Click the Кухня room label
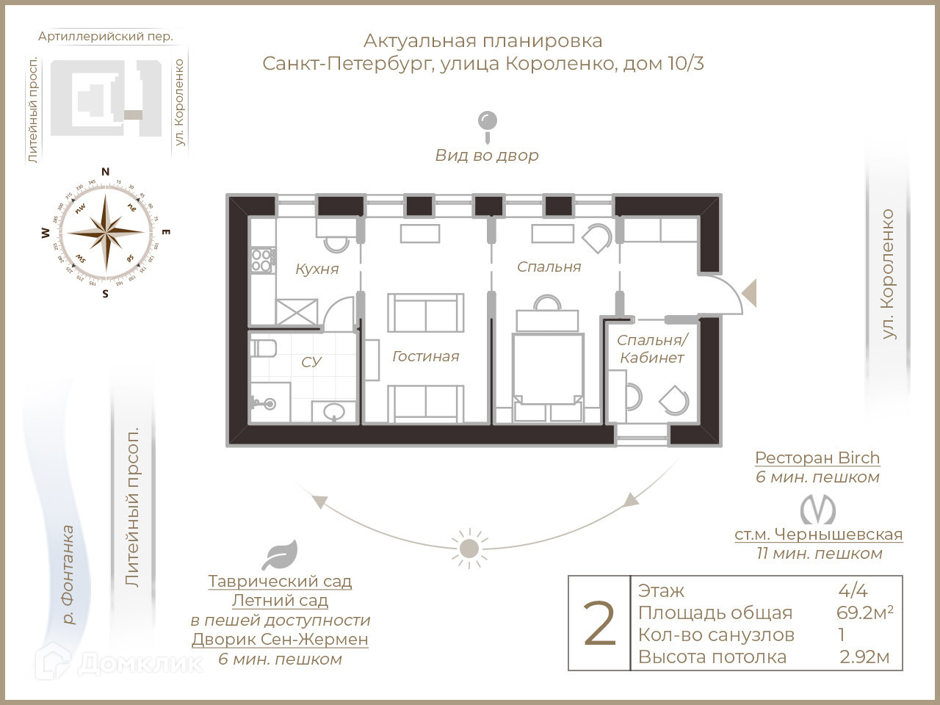pos(317,269)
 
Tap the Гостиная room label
pos(425,356)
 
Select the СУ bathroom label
pos(311,362)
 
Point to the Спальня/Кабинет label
pos(651,349)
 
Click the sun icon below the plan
pos(469,549)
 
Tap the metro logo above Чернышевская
pos(818,509)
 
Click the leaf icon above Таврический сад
pos(280,555)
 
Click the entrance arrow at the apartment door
pos(749,292)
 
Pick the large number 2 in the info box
pos(599,624)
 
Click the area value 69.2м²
pos(864,612)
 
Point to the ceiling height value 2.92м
pos(864,657)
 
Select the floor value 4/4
pos(853,590)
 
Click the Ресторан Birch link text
pos(817,458)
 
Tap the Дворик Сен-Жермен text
pos(280,639)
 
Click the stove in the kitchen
pos(262,260)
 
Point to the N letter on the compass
pos(105,172)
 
